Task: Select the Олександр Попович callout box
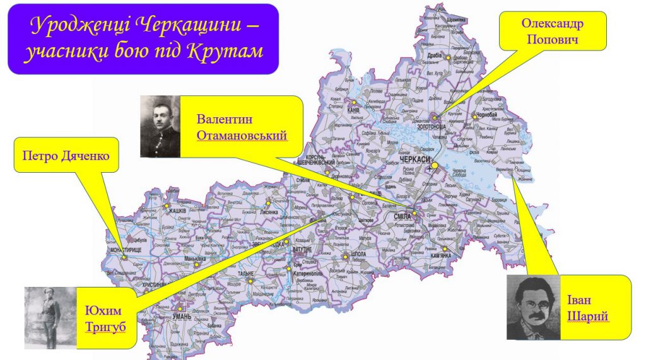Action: tap(552, 32)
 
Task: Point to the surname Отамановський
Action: tap(242, 136)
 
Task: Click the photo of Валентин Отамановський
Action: tap(160, 126)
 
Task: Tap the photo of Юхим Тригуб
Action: tap(50, 318)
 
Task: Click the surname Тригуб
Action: tap(104, 325)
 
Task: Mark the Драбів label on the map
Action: tap(435, 55)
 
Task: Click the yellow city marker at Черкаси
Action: tap(434, 165)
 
